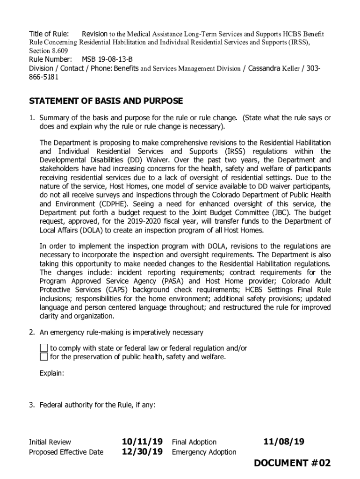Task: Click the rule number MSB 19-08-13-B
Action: click(x=107, y=59)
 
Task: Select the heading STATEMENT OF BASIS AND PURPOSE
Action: click(x=106, y=102)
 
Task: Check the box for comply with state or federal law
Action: click(x=43, y=348)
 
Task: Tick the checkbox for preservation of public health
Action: click(x=43, y=357)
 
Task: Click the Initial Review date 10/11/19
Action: click(x=142, y=442)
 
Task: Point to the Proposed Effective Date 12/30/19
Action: click(x=142, y=452)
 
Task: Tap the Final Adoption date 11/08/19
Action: click(x=284, y=442)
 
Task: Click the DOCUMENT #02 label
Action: click(x=292, y=463)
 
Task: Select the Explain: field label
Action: click(x=52, y=373)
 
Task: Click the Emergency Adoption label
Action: click(x=204, y=452)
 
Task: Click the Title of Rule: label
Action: click(x=49, y=34)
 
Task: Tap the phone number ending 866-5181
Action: click(x=44, y=77)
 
